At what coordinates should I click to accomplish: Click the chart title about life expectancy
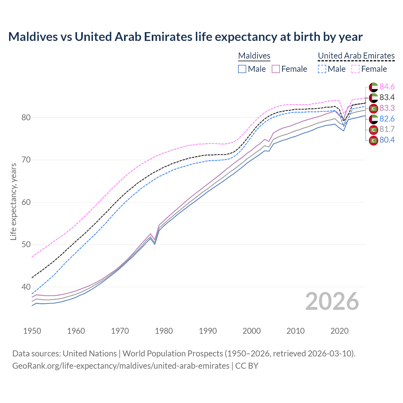185,37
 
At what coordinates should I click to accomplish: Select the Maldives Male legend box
242,69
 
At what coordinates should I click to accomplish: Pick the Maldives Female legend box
276,69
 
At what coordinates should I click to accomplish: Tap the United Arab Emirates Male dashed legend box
322,69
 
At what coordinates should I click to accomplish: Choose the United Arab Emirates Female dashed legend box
355,69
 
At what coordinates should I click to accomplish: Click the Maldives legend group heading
254,56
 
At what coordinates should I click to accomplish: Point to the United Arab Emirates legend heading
356,56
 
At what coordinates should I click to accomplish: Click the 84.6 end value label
387,87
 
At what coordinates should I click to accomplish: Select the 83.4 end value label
387,97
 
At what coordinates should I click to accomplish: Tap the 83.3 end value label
387,108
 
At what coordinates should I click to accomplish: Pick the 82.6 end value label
387,119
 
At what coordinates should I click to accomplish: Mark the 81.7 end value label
387,129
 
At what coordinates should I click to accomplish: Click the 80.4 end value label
387,140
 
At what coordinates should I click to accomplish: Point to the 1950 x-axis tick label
32,331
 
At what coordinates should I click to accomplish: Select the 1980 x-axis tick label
164,331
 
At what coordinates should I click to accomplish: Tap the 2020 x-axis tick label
339,331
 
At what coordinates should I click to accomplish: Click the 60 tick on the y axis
26,202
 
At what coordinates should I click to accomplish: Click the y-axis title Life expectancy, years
13,201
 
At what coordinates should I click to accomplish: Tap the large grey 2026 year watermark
332,301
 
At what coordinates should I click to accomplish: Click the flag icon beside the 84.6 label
373,87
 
